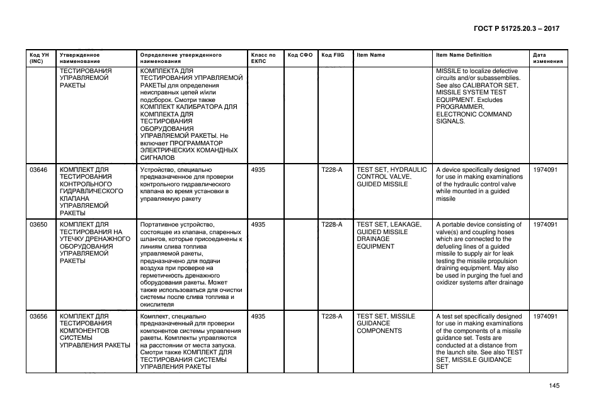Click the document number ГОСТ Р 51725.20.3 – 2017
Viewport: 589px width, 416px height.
[517, 29]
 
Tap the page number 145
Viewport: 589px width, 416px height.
[554, 386]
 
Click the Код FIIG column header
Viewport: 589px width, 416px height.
[333, 55]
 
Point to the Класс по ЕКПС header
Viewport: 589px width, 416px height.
[263, 59]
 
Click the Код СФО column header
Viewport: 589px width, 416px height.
[300, 55]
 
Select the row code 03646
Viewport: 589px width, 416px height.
[38, 170]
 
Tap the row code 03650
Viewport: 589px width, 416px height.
[38, 225]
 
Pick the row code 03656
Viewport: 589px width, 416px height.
[38, 317]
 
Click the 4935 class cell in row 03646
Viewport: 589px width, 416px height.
[258, 170]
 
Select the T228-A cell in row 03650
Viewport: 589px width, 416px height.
[331, 225]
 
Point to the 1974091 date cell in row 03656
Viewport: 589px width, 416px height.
[545, 317]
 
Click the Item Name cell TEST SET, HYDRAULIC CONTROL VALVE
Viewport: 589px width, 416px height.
[391, 177]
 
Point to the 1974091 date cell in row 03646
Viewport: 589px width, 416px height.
[545, 170]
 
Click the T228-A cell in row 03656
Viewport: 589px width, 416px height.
[331, 317]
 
